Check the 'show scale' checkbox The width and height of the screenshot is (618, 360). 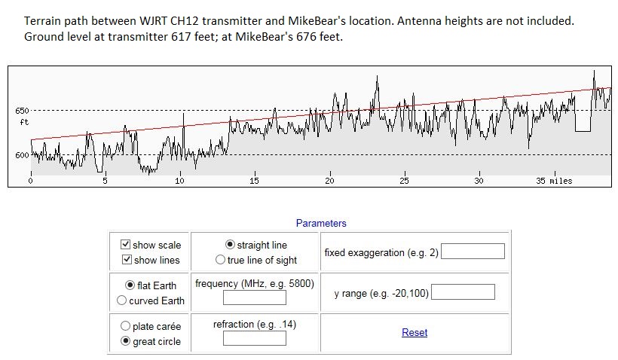[125, 245]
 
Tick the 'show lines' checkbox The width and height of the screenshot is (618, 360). [125, 260]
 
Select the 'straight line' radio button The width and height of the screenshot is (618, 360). [231, 245]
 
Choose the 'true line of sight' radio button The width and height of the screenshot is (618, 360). [220, 260]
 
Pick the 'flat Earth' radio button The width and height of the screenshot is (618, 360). [130, 285]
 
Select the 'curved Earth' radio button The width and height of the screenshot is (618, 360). [122, 301]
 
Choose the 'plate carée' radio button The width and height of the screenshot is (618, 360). [125, 326]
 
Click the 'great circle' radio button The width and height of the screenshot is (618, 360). [125, 341]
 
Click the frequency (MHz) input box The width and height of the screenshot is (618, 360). [255, 297]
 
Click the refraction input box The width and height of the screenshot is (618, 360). [255, 338]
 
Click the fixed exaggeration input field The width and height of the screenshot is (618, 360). [473, 252]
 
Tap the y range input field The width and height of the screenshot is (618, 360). [463, 291]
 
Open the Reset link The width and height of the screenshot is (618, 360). [415, 332]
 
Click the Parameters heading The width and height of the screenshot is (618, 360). [321, 223]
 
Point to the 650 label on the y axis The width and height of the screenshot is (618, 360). [22, 111]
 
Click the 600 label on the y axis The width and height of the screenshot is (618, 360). [22, 155]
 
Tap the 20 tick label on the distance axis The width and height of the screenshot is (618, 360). [329, 181]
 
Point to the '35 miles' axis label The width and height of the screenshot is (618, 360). [554, 181]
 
